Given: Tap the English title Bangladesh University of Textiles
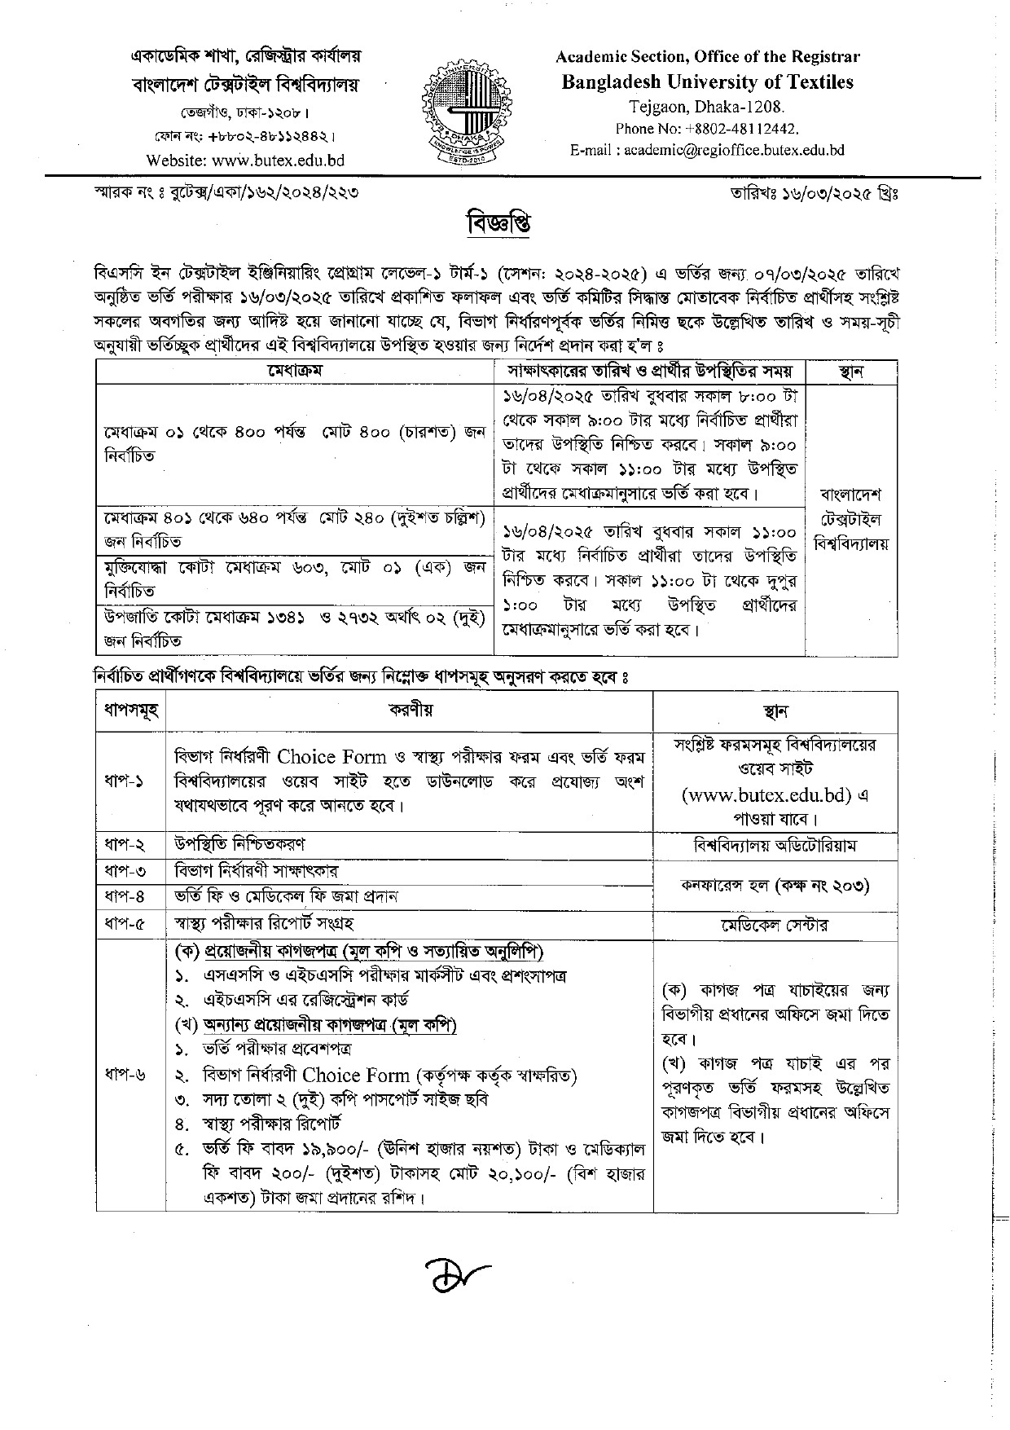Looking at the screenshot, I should [x=707, y=81].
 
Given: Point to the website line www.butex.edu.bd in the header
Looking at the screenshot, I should [x=245, y=161].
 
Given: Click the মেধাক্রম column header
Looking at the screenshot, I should [x=295, y=372].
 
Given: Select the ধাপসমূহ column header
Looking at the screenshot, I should [x=130, y=711].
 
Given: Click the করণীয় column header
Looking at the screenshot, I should [x=411, y=711].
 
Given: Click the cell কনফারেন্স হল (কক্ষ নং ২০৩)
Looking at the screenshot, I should [x=775, y=884].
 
